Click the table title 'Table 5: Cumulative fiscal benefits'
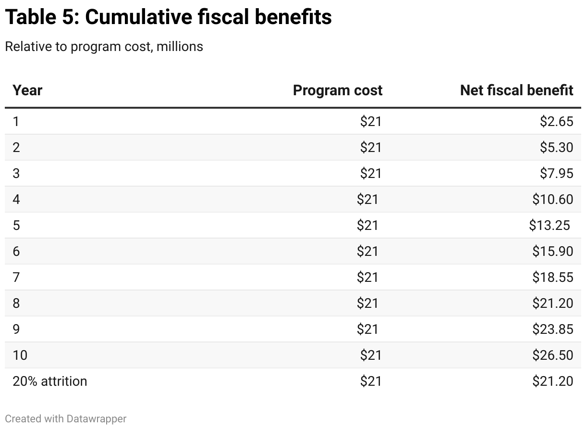[x=168, y=17]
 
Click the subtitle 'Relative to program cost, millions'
[x=104, y=47]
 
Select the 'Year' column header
[x=27, y=90]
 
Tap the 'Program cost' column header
[x=337, y=90]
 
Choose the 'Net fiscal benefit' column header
[x=516, y=90]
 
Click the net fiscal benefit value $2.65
[x=556, y=121]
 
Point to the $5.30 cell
[x=556, y=147]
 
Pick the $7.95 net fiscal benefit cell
[x=556, y=173]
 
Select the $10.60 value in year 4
[x=552, y=199]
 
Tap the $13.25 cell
[x=549, y=225]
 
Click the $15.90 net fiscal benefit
[x=552, y=251]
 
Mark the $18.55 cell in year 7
[x=552, y=277]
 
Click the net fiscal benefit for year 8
[x=552, y=303]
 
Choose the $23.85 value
[x=552, y=329]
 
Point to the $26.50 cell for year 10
[x=552, y=355]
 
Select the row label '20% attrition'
[x=50, y=381]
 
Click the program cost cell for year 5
[x=367, y=225]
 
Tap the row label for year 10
[x=20, y=355]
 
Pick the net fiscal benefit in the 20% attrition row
[x=552, y=381]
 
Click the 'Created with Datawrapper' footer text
[x=66, y=419]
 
